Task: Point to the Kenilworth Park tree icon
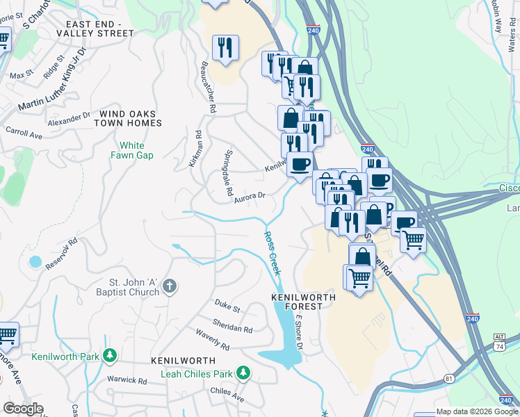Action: (x=109, y=357)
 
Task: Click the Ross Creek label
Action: (x=273, y=253)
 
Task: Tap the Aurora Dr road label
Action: (x=250, y=197)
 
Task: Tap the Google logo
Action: (x=23, y=409)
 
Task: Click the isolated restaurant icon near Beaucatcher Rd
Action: (x=225, y=48)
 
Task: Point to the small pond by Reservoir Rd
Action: (x=35, y=262)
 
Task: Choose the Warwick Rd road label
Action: (x=127, y=381)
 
